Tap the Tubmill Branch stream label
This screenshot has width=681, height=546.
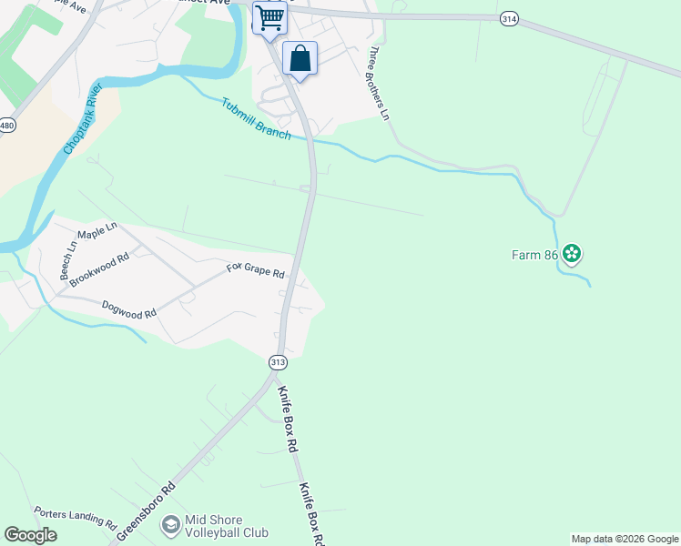point(256,118)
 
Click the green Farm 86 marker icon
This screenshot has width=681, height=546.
point(572,254)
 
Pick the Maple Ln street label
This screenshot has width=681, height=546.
point(97,231)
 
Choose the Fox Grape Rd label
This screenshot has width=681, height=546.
point(256,271)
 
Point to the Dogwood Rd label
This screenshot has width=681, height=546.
point(129,309)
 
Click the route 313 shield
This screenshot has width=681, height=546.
point(279,362)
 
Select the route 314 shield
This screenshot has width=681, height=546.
point(510,18)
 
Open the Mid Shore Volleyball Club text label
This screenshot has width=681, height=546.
point(226,526)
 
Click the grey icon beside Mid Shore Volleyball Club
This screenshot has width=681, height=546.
point(169,525)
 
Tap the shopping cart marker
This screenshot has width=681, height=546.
point(269,17)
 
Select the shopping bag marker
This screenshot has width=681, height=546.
point(300,59)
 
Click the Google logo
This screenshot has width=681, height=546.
point(30,535)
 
